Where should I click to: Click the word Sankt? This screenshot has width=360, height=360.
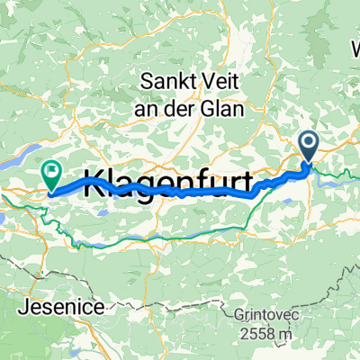coord(163,80)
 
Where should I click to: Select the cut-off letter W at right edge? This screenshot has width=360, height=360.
coord(355,45)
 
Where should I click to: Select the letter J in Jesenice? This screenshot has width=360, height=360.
coord(22,307)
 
